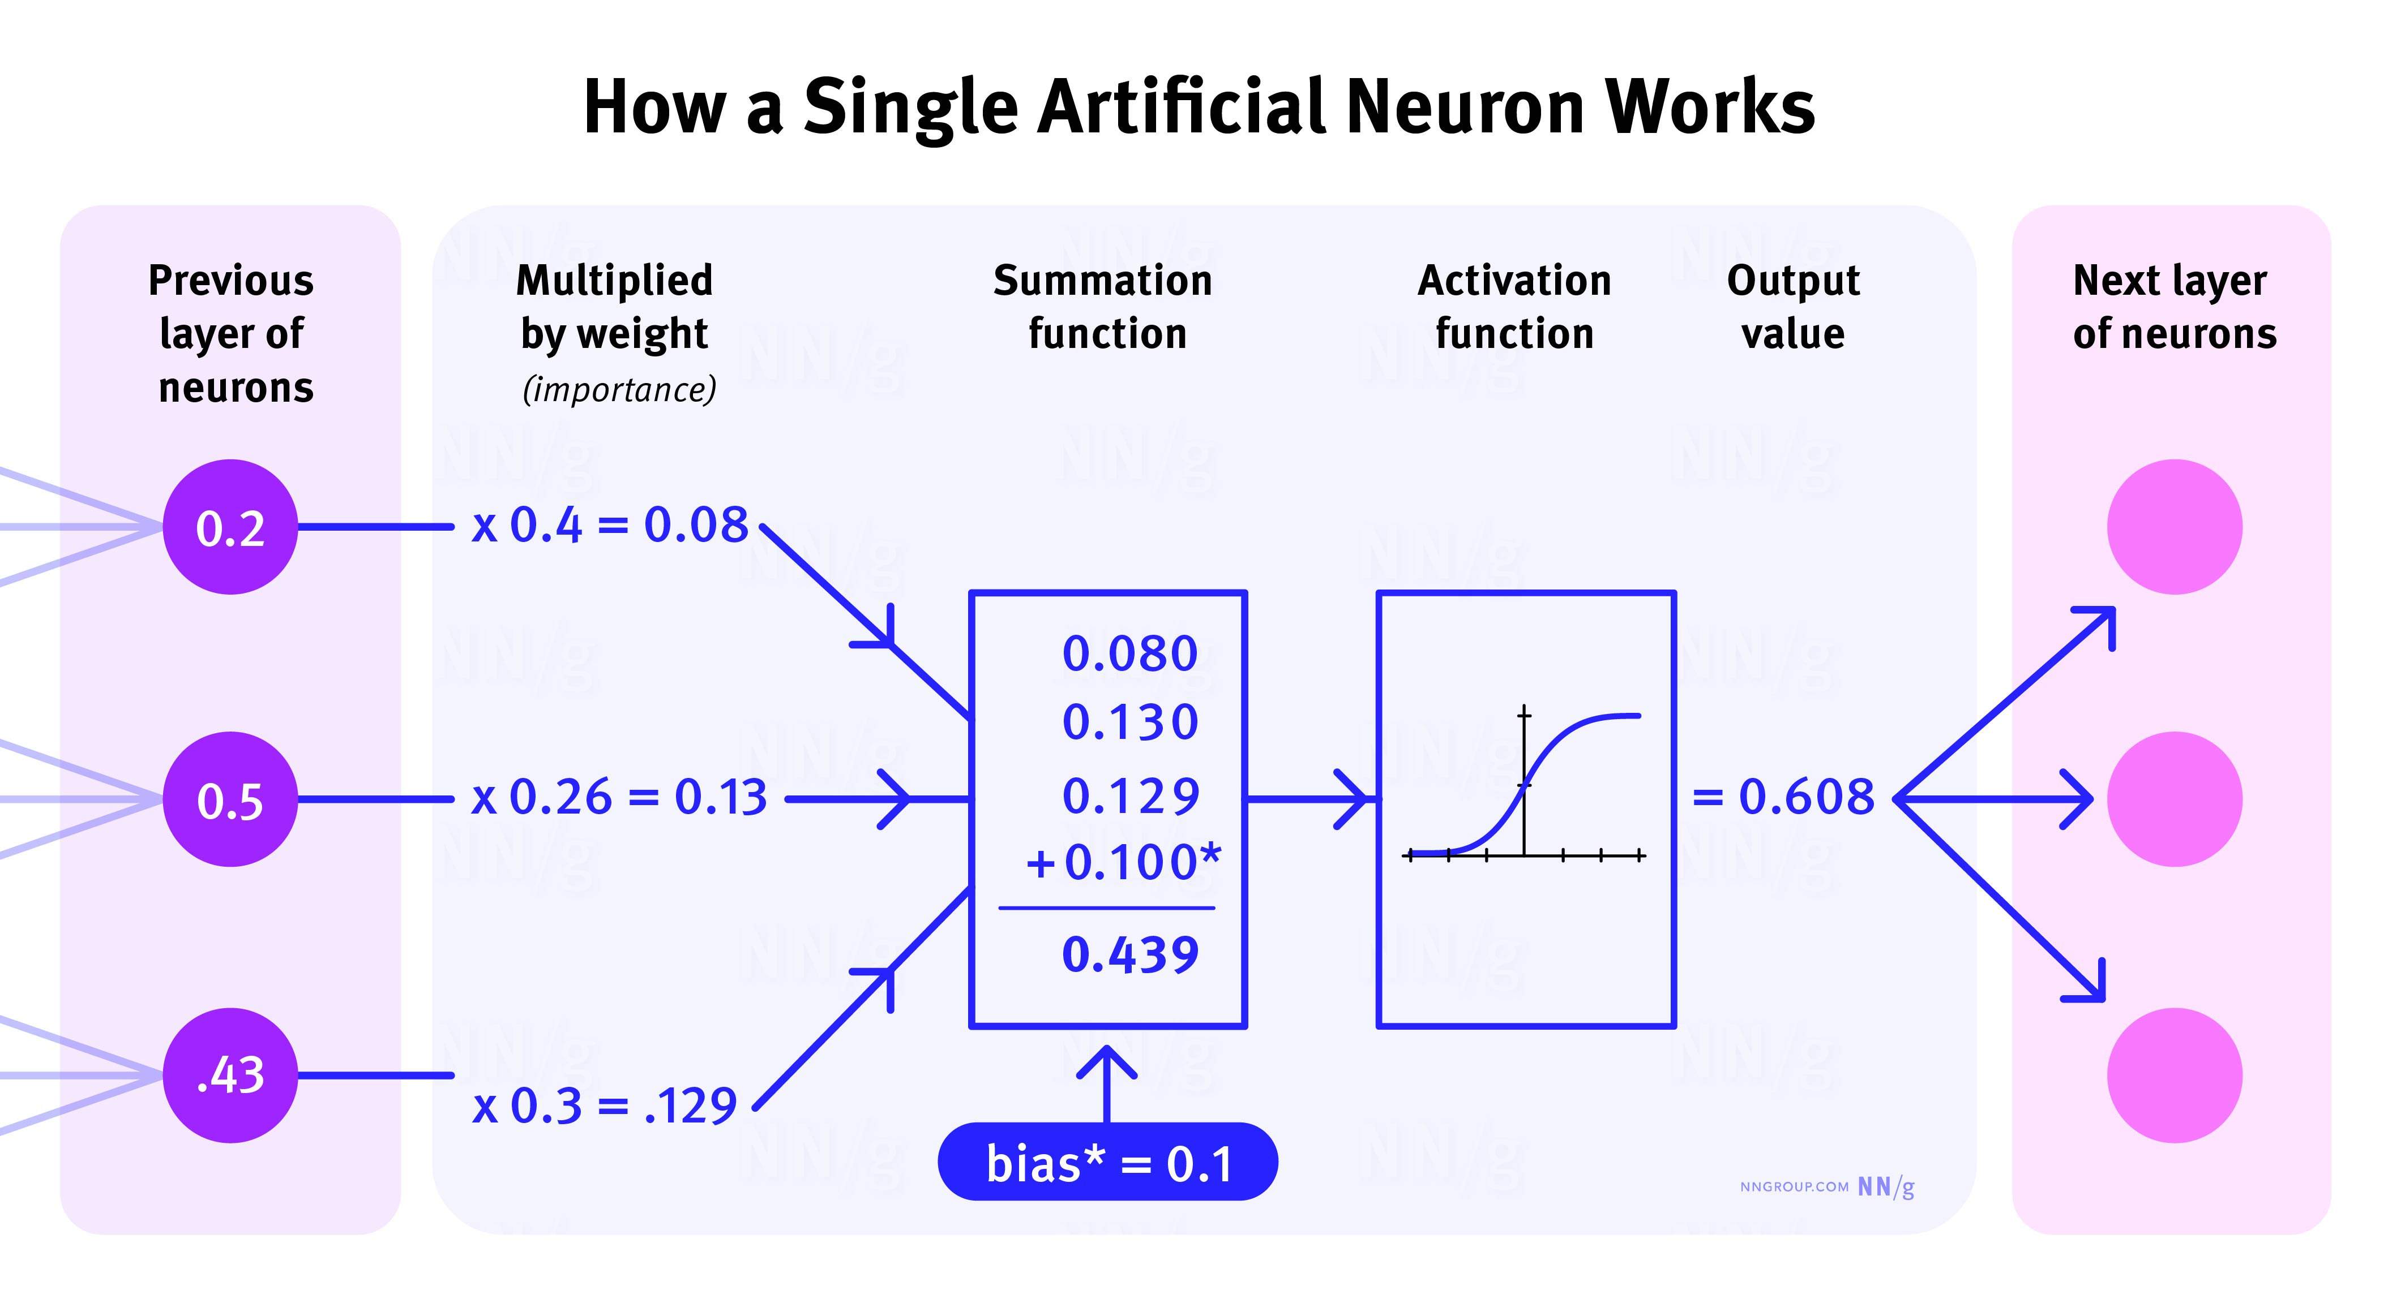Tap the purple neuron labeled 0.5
(x=230, y=799)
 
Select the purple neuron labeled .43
(x=230, y=1075)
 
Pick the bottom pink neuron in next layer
(x=2174, y=1075)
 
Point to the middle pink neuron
(x=2174, y=799)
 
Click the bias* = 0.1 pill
(x=1108, y=1162)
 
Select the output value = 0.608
(x=1783, y=797)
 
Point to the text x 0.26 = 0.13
(x=619, y=797)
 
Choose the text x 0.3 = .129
(x=605, y=1106)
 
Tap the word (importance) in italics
(x=619, y=389)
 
